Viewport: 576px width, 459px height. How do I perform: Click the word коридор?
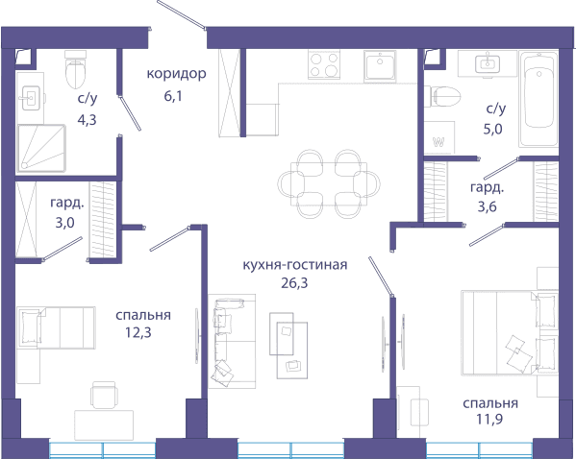coord(176,74)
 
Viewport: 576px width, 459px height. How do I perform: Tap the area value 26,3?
coord(294,283)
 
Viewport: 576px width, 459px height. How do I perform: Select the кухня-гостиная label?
coord(295,265)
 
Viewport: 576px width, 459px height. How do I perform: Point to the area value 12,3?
coord(138,332)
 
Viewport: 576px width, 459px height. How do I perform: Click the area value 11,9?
coord(489,419)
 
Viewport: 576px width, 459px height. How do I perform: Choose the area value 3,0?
coord(64,223)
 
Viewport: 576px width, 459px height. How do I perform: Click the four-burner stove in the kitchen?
coord(324,64)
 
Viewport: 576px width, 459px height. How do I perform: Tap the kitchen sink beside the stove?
coord(380,66)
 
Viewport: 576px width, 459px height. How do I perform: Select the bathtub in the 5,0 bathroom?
coord(538,99)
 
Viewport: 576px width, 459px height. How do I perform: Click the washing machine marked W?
coord(439,137)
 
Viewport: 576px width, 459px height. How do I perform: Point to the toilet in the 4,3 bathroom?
coord(75,70)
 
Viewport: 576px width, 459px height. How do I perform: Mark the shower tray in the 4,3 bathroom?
coord(41,148)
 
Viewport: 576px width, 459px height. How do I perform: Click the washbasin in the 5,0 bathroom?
coord(488,63)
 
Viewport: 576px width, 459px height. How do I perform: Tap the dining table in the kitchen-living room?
coord(329,184)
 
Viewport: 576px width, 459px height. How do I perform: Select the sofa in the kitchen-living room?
coord(232,341)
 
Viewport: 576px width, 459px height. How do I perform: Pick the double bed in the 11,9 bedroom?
coord(510,333)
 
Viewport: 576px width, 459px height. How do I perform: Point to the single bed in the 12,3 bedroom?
coord(56,327)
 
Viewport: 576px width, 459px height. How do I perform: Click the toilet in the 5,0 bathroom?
coord(442,96)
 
